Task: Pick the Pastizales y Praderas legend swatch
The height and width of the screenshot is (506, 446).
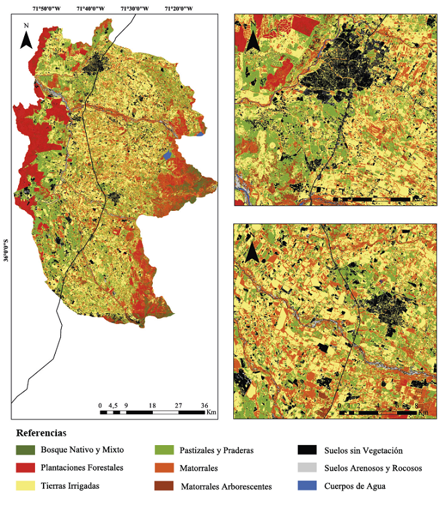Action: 165,450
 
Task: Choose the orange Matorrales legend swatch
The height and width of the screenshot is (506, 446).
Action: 165,468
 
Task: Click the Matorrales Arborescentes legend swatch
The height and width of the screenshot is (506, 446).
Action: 165,486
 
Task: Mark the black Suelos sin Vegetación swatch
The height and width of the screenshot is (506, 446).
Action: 308,450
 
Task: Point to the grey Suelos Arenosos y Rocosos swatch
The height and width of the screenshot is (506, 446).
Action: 308,468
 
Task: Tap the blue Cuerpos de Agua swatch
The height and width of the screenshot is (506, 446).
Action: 308,486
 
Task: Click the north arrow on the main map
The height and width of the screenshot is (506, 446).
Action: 26,37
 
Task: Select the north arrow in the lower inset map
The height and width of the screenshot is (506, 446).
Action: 253,251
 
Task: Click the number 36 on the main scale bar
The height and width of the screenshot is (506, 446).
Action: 205,405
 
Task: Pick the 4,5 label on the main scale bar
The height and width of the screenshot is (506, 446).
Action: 113,405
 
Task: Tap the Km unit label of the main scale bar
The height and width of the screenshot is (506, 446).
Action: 211,412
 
